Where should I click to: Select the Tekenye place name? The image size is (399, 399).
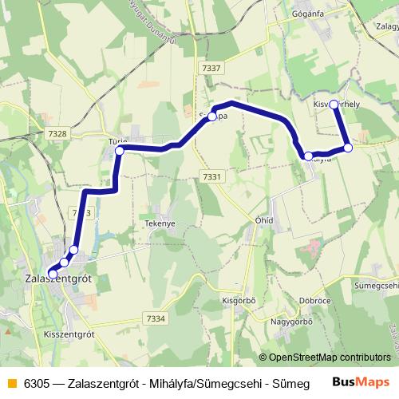160,224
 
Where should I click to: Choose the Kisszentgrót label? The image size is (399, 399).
69,334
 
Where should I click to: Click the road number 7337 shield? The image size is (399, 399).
211,68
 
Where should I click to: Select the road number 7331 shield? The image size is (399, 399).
211,176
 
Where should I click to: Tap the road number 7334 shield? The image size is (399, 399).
156,319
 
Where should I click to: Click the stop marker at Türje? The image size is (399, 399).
120,150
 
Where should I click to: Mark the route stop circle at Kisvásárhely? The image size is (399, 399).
334,105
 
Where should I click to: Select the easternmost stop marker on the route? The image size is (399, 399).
348,148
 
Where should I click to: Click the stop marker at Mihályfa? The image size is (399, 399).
309,156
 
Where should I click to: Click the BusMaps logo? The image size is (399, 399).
361,381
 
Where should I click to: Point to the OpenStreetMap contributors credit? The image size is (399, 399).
330,358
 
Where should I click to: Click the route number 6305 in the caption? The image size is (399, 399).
35,382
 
